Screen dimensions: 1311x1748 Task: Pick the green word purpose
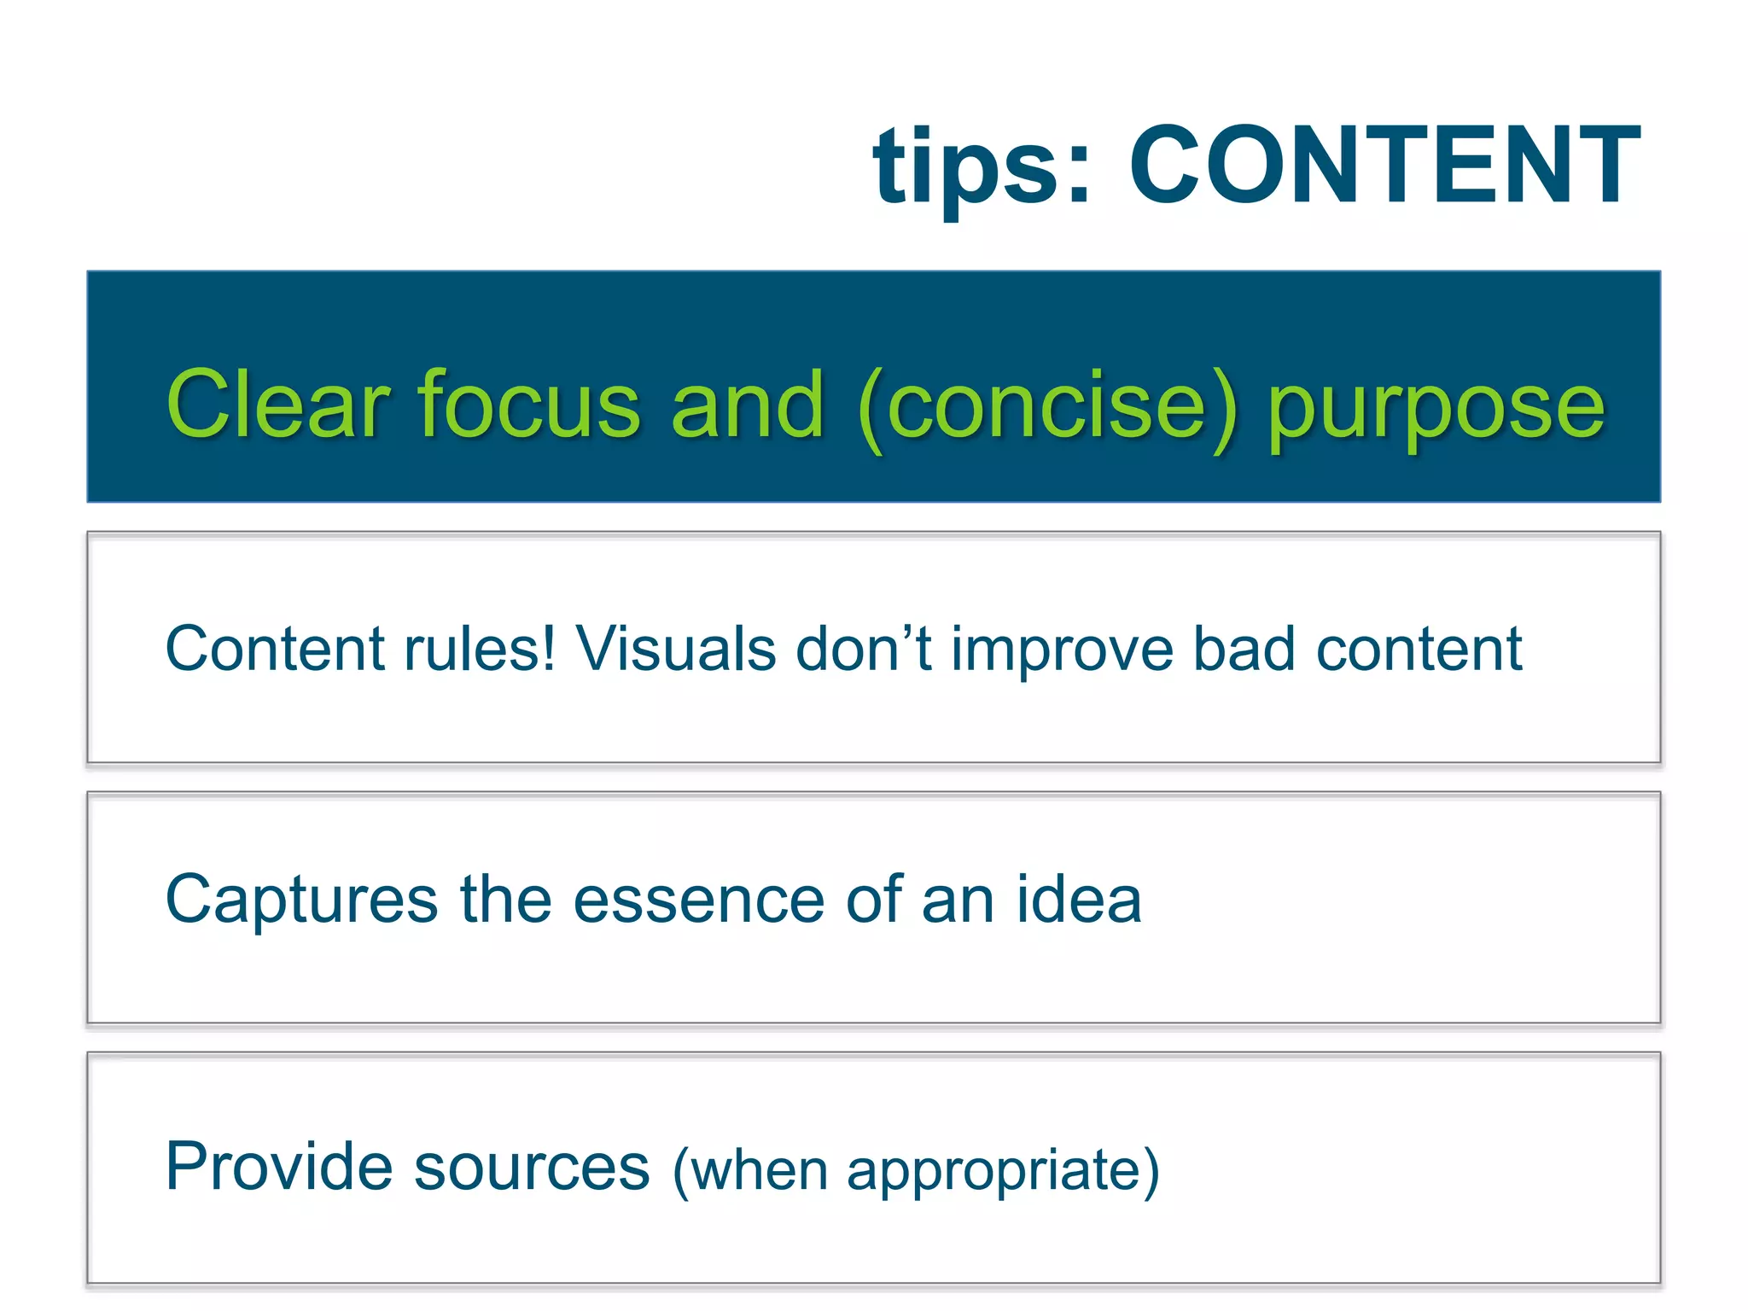pos(1436,410)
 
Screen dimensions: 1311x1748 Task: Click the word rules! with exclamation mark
pos(479,649)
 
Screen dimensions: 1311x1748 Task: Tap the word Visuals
pos(675,649)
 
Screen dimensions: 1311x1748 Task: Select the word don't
pos(864,649)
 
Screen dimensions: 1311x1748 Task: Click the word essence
pos(698,900)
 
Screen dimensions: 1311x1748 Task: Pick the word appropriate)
pos(1003,1172)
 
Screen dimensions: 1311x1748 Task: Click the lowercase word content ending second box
pos(1419,649)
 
